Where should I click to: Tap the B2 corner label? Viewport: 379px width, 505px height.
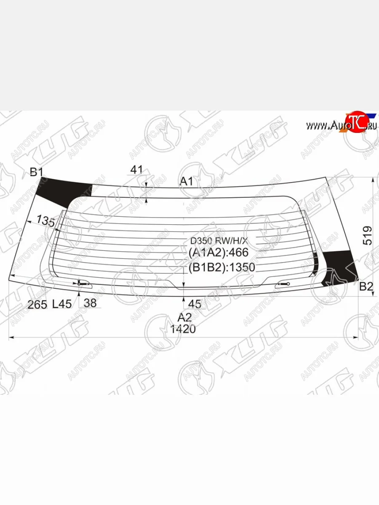[366, 287]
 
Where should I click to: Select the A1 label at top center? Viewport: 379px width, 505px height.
[187, 181]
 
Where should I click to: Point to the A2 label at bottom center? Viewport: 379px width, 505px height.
[184, 317]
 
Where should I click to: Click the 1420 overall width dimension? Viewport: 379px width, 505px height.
[183, 329]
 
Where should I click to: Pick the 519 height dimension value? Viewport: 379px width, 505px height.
[367, 235]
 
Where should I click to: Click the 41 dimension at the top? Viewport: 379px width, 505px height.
[136, 170]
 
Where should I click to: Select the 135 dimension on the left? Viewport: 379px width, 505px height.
[45, 220]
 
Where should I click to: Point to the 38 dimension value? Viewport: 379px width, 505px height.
[90, 303]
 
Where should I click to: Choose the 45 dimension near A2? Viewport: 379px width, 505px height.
[195, 304]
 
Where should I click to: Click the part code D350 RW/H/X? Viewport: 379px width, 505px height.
[219, 242]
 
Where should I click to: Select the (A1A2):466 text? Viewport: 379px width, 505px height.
[219, 252]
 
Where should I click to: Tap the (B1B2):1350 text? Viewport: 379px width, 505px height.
[222, 268]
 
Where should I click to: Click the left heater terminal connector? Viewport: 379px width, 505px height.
[86, 283]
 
